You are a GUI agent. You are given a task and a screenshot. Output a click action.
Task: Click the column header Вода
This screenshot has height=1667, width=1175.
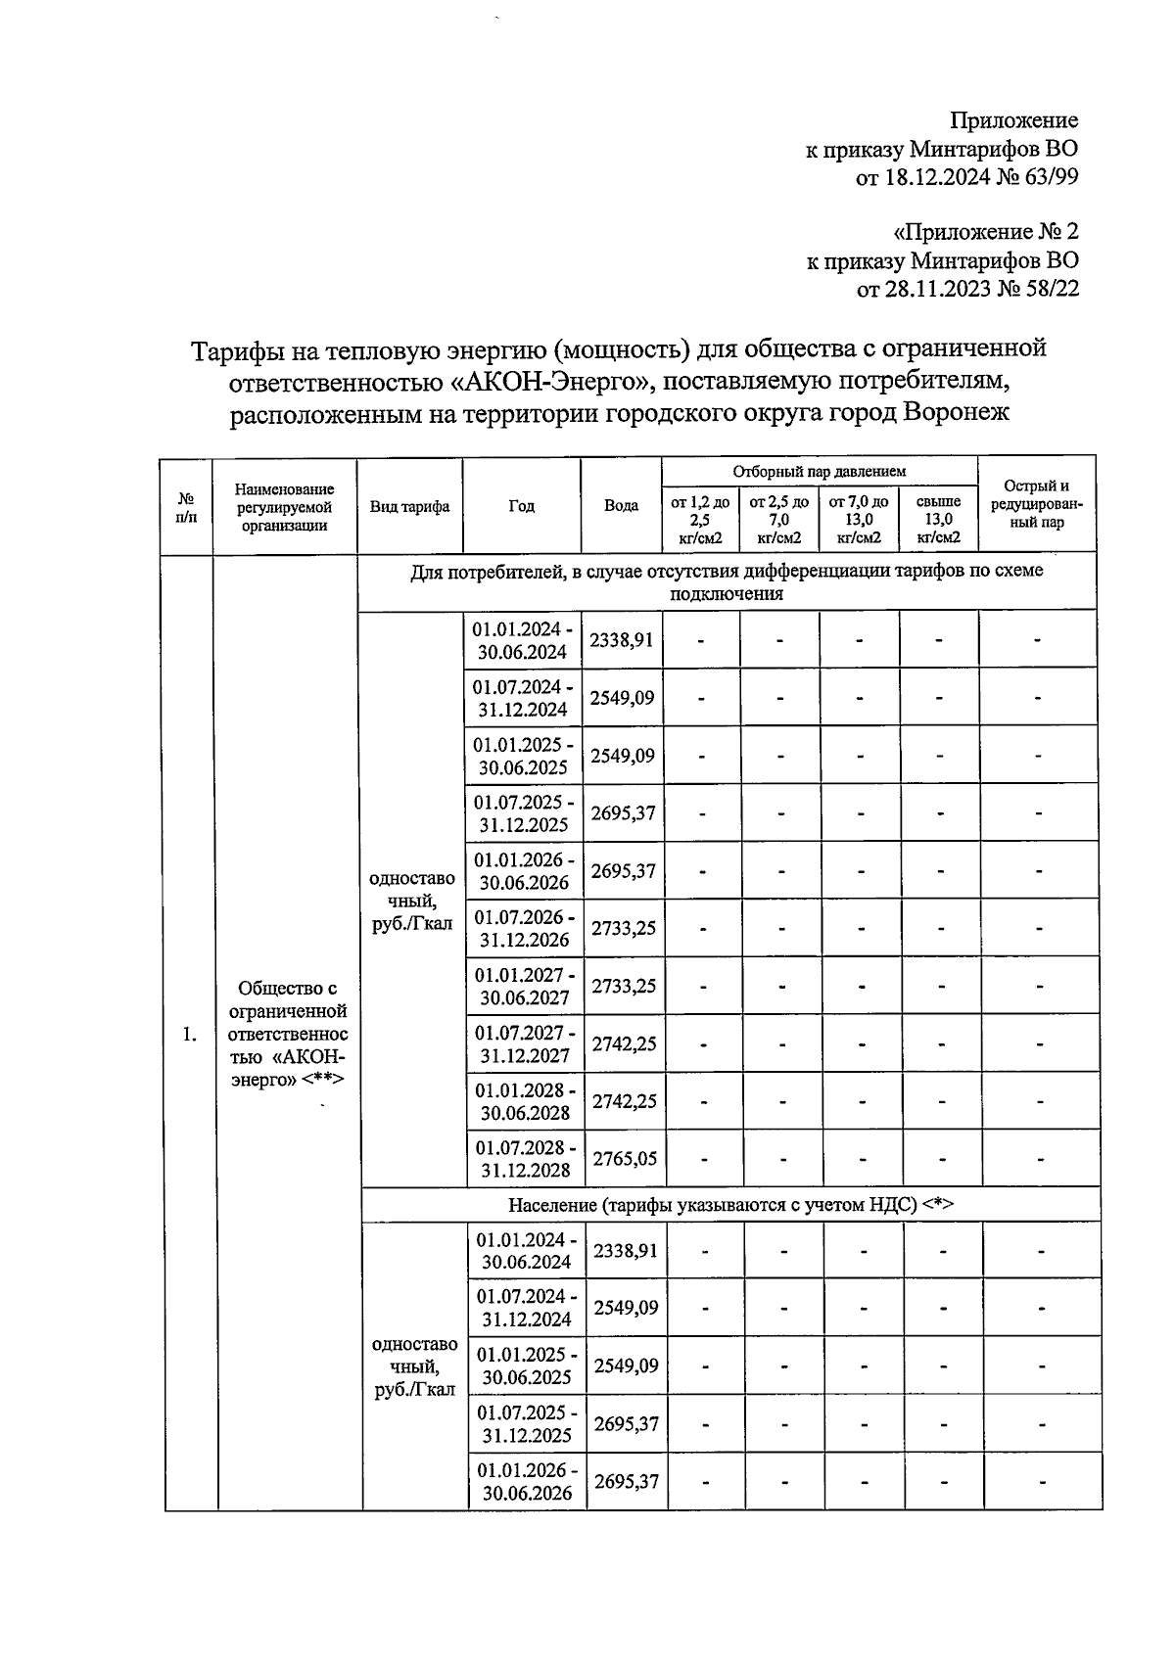tap(621, 506)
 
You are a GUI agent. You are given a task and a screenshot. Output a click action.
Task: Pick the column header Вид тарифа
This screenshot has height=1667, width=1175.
tap(409, 506)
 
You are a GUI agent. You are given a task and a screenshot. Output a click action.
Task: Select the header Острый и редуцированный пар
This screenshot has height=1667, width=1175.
tap(1037, 504)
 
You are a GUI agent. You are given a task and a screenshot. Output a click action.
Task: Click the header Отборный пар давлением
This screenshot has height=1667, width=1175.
tap(820, 472)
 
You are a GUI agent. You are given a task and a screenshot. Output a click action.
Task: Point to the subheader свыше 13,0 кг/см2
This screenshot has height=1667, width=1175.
tap(938, 520)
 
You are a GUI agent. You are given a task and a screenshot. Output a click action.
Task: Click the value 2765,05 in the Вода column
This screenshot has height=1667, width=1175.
tap(624, 1159)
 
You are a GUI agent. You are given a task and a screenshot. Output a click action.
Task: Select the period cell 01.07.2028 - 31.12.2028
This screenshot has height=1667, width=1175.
tap(526, 1159)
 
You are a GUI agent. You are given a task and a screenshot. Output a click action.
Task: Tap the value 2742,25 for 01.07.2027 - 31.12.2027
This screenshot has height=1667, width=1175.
tap(624, 1043)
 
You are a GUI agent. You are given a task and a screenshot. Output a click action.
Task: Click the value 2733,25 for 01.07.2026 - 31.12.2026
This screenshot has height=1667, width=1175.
tap(624, 928)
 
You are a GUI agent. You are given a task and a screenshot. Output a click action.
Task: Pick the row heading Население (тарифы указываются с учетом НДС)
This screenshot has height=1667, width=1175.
tap(729, 1205)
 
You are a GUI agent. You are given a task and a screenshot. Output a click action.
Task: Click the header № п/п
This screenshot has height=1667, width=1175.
tap(186, 506)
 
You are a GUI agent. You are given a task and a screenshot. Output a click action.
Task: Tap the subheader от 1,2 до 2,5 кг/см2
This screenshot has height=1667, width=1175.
tap(699, 520)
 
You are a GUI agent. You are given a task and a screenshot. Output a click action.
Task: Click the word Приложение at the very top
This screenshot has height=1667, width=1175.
tap(1014, 120)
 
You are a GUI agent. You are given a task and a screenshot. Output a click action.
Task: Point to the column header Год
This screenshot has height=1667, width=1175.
tap(521, 506)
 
